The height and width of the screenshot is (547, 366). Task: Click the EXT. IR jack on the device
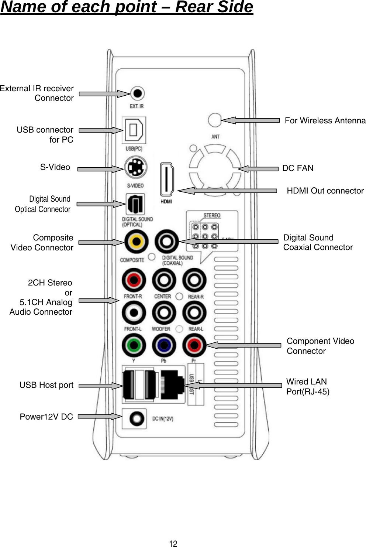(137, 93)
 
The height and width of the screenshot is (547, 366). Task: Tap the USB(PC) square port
(134, 130)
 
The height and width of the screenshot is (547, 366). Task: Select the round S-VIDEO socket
(135, 168)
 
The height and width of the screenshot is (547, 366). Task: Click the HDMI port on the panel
(166, 180)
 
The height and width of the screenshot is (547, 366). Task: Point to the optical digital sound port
(135, 204)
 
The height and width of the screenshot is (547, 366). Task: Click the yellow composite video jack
(136, 242)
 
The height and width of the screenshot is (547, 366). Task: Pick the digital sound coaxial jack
(167, 242)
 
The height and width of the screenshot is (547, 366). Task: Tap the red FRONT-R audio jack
(134, 281)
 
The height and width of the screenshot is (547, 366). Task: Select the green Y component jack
(134, 346)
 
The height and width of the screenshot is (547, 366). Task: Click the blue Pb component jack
(164, 346)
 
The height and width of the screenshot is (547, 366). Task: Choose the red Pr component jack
(194, 346)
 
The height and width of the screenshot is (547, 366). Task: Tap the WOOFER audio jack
(164, 313)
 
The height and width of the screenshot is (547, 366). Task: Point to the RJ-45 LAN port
(173, 385)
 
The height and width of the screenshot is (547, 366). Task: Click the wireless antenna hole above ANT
(214, 120)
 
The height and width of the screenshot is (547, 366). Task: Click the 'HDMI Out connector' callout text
(325, 191)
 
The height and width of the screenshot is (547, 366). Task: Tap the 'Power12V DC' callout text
(46, 417)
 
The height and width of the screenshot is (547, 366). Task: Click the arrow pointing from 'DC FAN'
(258, 169)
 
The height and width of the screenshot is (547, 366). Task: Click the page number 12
(173, 543)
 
